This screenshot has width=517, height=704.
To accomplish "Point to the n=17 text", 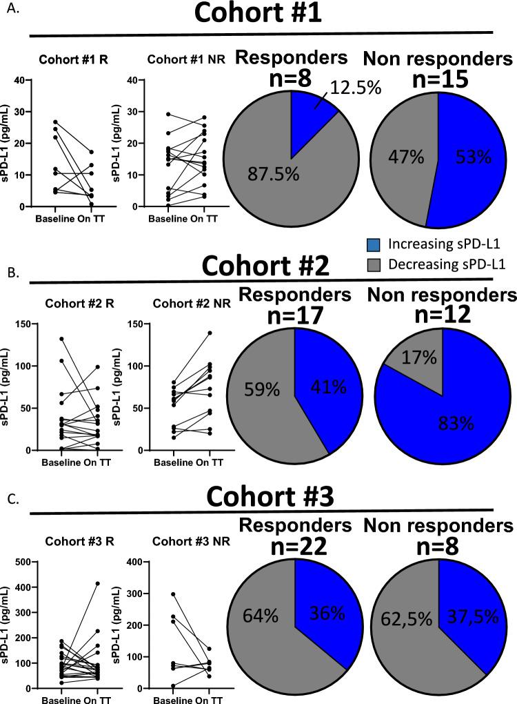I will coord(294,312).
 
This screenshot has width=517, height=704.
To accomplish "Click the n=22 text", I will coord(294,544).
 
